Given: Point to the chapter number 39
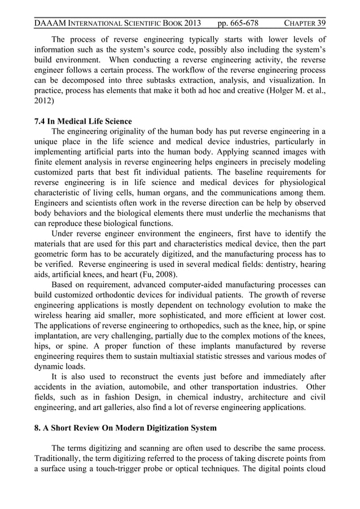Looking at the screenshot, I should [321, 23].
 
